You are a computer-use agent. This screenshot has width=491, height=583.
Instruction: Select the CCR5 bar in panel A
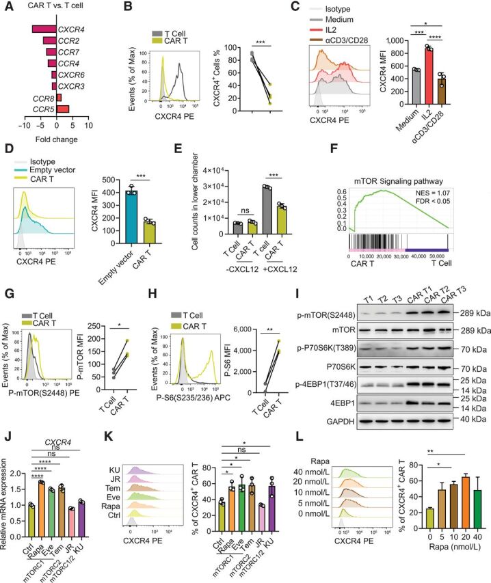click(63, 108)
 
